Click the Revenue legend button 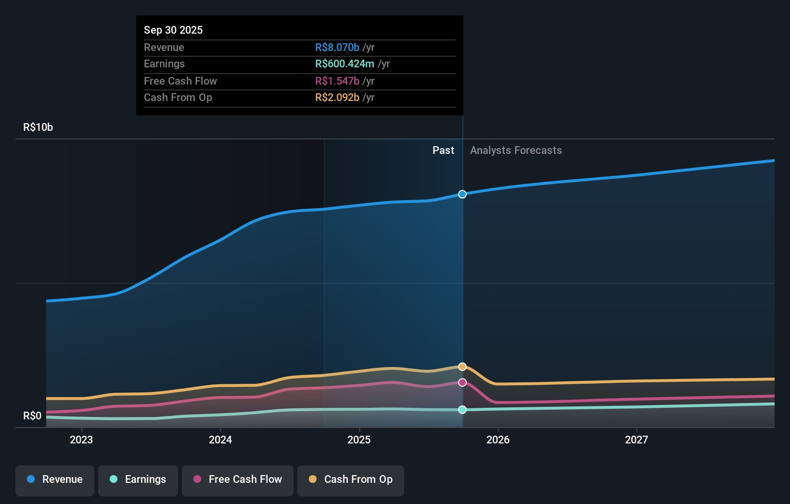click(x=55, y=479)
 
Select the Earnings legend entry click(x=138, y=479)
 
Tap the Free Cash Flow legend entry click(x=238, y=479)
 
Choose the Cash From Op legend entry click(x=351, y=479)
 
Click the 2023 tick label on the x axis click(x=81, y=440)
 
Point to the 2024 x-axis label click(x=220, y=440)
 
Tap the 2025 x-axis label click(x=359, y=440)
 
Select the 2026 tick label click(x=498, y=440)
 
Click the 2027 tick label click(x=637, y=440)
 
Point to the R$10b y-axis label click(x=38, y=127)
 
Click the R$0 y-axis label click(x=32, y=416)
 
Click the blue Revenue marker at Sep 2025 click(x=462, y=194)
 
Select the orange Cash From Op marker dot click(x=462, y=367)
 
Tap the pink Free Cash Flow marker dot click(x=462, y=382)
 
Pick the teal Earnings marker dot click(x=462, y=410)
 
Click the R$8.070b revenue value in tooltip click(x=337, y=48)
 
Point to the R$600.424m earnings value click(x=344, y=64)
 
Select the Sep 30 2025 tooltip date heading click(x=173, y=30)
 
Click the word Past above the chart click(x=443, y=151)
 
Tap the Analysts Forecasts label click(x=516, y=151)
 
